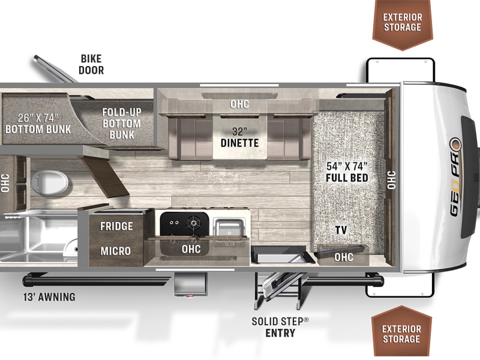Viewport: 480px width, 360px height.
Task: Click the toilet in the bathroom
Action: (49, 183)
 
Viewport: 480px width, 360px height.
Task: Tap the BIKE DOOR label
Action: (91, 64)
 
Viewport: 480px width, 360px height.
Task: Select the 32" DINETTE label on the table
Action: (239, 137)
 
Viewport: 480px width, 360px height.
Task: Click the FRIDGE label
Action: (116, 226)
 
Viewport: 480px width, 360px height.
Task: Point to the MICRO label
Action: (116, 251)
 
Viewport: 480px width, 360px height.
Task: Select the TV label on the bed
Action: (341, 230)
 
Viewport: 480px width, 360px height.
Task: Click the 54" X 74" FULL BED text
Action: (347, 172)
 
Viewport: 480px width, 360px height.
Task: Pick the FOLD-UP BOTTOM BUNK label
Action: (122, 124)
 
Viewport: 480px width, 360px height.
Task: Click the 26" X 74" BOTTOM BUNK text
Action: (38, 124)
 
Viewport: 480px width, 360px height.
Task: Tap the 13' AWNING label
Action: (49, 297)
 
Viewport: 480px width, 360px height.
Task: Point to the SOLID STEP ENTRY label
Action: (280, 327)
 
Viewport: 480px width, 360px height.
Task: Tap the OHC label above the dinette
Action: (239, 104)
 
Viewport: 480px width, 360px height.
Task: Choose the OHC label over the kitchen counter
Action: (191, 249)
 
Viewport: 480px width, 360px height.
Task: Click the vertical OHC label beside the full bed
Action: (392, 180)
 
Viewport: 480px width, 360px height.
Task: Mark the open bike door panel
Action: (55, 69)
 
